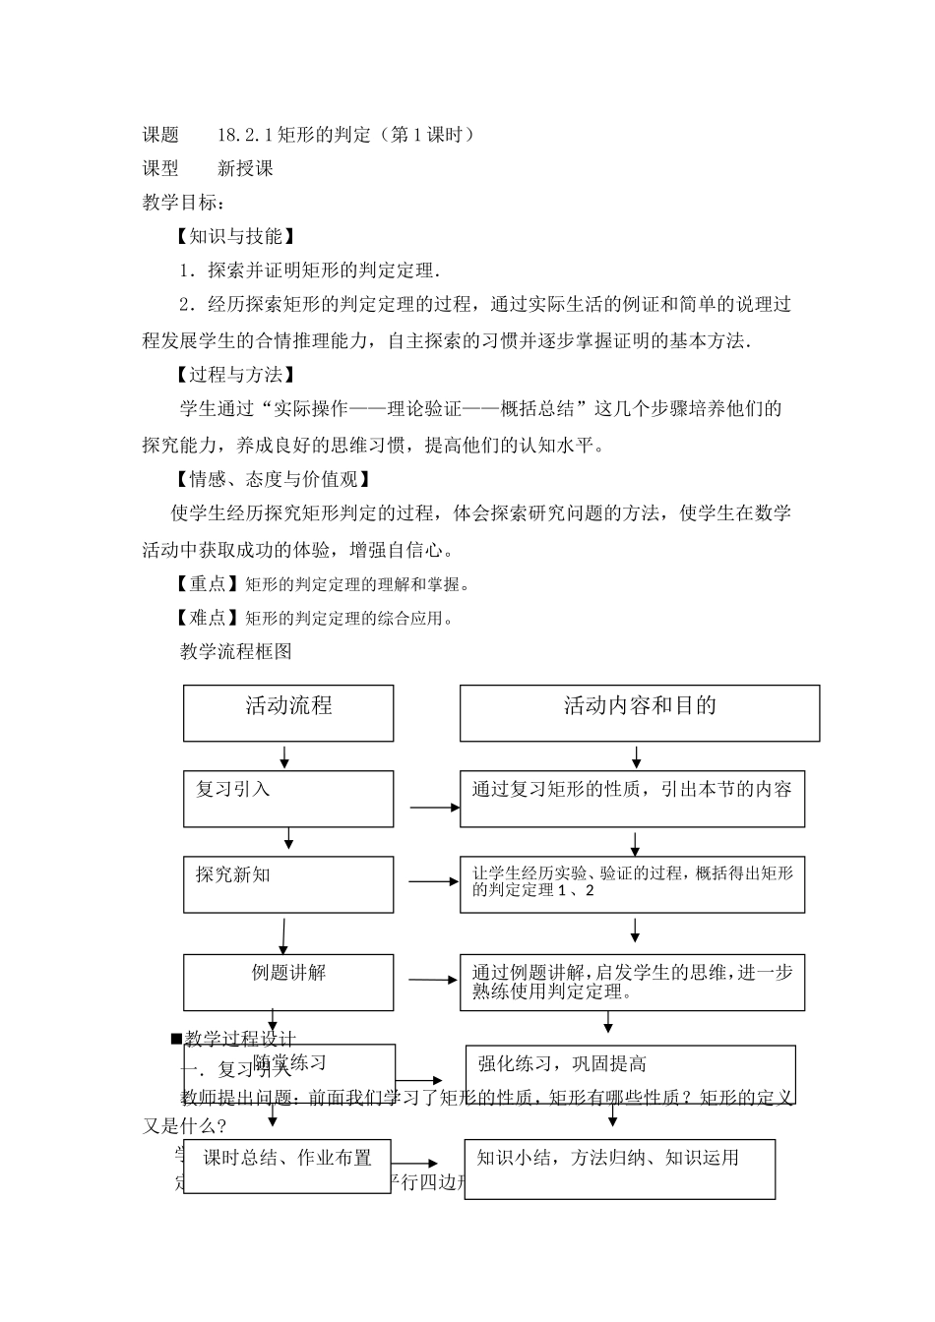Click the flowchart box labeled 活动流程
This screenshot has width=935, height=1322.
pos(288,712)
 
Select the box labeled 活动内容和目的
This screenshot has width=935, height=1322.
pos(639,712)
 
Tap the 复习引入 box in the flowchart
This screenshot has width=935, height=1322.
pos(288,799)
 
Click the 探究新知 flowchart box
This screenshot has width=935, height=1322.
pos(288,883)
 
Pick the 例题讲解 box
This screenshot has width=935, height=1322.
pos(288,982)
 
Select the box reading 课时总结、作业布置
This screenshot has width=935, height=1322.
pos(287,1166)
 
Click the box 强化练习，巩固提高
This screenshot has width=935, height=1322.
pos(630,1075)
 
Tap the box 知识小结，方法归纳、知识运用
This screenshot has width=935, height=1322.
pos(619,1169)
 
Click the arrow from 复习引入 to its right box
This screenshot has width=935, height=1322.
pos(435,808)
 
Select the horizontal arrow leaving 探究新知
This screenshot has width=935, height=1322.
pos(434,881)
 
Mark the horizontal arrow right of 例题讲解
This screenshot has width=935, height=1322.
pos(434,979)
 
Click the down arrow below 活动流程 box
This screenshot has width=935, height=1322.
pos(284,756)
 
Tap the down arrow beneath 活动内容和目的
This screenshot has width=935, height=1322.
pos(637,756)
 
